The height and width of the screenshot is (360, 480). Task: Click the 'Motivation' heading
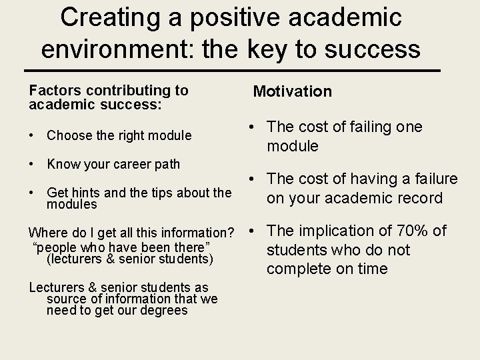(292, 91)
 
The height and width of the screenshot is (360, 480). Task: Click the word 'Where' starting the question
(47, 233)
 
